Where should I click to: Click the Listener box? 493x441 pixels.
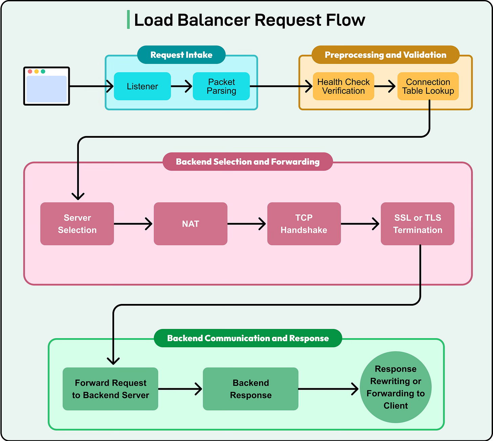(x=142, y=86)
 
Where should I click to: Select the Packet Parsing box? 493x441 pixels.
(x=221, y=86)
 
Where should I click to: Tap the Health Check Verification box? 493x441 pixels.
(x=343, y=86)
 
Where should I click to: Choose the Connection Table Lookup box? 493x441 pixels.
(x=428, y=86)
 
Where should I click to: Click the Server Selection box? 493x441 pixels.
(x=77, y=224)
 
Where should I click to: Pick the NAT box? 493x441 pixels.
(x=190, y=224)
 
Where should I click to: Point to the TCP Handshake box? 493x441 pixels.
(x=304, y=224)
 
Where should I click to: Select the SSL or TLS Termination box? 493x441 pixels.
(x=417, y=224)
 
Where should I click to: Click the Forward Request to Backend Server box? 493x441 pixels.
(x=110, y=389)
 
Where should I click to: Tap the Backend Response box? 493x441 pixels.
(x=251, y=389)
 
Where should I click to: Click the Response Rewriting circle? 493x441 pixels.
(x=395, y=387)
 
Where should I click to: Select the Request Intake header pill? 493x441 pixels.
(x=181, y=55)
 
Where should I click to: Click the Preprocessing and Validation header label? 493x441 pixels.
(x=385, y=55)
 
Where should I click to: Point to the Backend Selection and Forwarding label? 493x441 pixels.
(x=248, y=162)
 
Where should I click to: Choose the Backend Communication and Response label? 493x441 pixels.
(x=248, y=338)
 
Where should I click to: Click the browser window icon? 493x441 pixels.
(x=46, y=86)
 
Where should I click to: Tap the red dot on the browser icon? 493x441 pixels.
(x=30, y=71)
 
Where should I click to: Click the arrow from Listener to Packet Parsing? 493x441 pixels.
(x=182, y=86)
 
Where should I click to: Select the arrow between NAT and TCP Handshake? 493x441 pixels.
(x=247, y=224)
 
